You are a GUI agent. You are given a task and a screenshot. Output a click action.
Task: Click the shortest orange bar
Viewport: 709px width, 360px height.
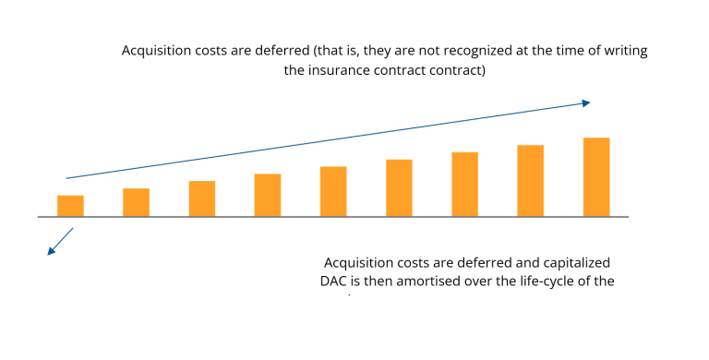70,206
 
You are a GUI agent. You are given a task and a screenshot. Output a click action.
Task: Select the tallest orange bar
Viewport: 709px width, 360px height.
596,177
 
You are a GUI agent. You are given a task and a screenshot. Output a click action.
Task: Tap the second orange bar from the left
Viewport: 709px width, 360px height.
136,202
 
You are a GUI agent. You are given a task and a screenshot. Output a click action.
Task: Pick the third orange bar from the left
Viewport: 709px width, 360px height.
202,198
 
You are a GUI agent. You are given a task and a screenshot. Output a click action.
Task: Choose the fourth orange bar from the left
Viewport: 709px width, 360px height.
268,195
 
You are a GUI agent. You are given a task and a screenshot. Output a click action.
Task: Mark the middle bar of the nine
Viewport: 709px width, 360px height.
333,191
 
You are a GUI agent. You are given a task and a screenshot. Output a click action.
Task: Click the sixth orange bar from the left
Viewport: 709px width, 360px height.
399,188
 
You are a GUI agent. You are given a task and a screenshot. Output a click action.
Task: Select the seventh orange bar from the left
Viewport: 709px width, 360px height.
464,185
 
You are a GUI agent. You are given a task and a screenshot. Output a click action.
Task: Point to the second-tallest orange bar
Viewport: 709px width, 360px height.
530,181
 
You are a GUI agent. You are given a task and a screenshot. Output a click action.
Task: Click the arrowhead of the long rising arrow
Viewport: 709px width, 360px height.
585,102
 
